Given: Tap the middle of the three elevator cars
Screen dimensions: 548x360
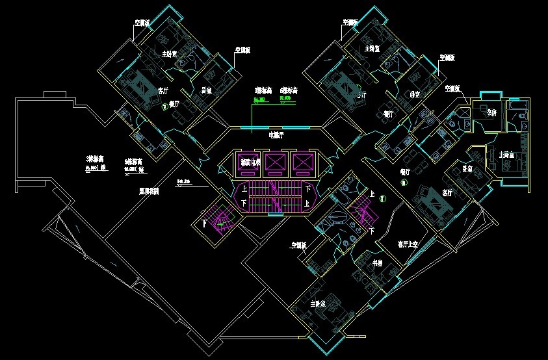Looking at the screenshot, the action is [x=275, y=163].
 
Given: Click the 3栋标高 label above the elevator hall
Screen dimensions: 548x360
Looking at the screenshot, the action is [x=263, y=90].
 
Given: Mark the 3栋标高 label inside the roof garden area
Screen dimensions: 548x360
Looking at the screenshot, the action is [x=96, y=159].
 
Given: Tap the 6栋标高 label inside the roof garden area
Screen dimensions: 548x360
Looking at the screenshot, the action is [x=134, y=161].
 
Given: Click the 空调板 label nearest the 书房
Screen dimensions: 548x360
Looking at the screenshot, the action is [x=299, y=246].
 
